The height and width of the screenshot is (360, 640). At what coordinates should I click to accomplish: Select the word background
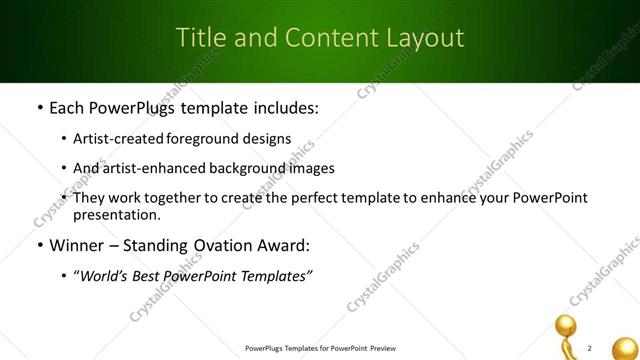coord(238,168)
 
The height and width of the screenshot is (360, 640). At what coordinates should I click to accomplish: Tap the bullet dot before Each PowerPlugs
coord(39,107)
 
